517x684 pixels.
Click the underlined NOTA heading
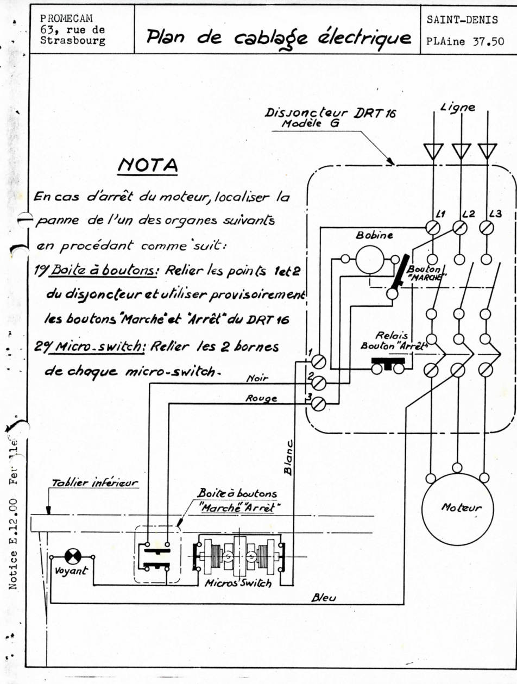[148, 166]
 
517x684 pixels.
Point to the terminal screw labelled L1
[433, 228]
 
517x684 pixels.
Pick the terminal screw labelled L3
[487, 228]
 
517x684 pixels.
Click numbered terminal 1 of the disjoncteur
[319, 362]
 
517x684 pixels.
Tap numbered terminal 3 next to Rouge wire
[318, 405]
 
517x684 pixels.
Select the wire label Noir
[257, 378]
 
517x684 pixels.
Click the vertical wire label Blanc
[288, 457]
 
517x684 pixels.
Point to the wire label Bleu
[324, 598]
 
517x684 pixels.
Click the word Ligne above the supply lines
[458, 108]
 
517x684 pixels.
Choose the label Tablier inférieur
[94, 483]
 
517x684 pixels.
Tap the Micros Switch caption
[238, 583]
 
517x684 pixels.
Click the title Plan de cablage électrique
[279, 37]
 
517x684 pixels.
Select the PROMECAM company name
[66, 18]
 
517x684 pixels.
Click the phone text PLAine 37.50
[465, 41]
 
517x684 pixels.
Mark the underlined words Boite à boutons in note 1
[103, 270]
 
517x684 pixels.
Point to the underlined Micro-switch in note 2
[98, 347]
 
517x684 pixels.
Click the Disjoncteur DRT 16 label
[330, 113]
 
